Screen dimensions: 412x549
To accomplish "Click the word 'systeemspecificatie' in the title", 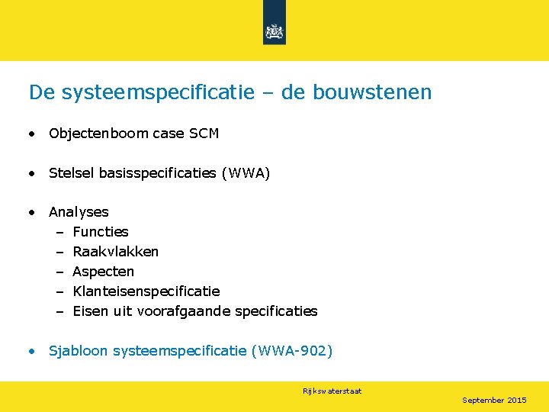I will pos(158,93).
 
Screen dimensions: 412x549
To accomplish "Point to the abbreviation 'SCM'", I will pos(204,134).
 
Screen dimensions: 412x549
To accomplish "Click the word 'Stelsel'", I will pos(71,173).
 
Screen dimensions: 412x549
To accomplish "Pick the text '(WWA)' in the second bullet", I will pos(246,173).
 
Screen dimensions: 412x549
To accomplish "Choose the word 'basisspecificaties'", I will pos(157,173).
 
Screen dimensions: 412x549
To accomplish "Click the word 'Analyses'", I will pos(79,212).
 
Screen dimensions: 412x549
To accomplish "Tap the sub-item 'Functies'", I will pos(101,232).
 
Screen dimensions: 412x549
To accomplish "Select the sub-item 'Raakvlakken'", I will pos(116,252).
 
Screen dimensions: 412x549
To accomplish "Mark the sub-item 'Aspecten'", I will pos(104,272).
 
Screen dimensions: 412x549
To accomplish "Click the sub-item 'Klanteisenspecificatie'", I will pos(146,291).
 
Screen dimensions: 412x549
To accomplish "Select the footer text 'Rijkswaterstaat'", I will pos(332,391).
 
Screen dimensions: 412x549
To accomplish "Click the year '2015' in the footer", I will pos(516,401).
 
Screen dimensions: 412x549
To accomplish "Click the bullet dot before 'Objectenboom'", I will pos(32,134).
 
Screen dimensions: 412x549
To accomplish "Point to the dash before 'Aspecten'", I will pos(59,272).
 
